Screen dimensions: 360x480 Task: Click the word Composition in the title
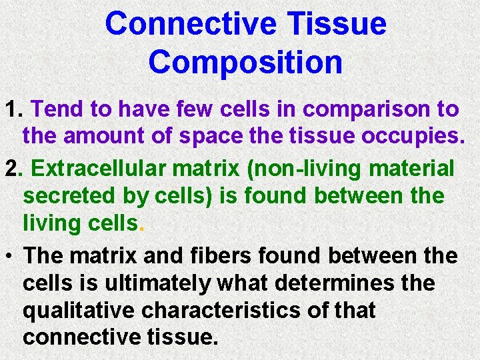coord(245,61)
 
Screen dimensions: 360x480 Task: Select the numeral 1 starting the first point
coord(10,109)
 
